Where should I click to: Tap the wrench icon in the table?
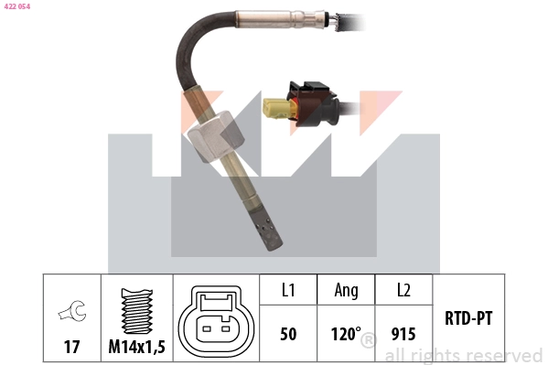tap(70, 314)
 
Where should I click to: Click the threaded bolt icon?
tap(136, 311)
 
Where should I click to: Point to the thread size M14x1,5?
tap(136, 349)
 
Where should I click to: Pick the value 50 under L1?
tap(288, 334)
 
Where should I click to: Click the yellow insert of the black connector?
tap(274, 108)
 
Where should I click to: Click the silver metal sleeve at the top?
tap(274, 17)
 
